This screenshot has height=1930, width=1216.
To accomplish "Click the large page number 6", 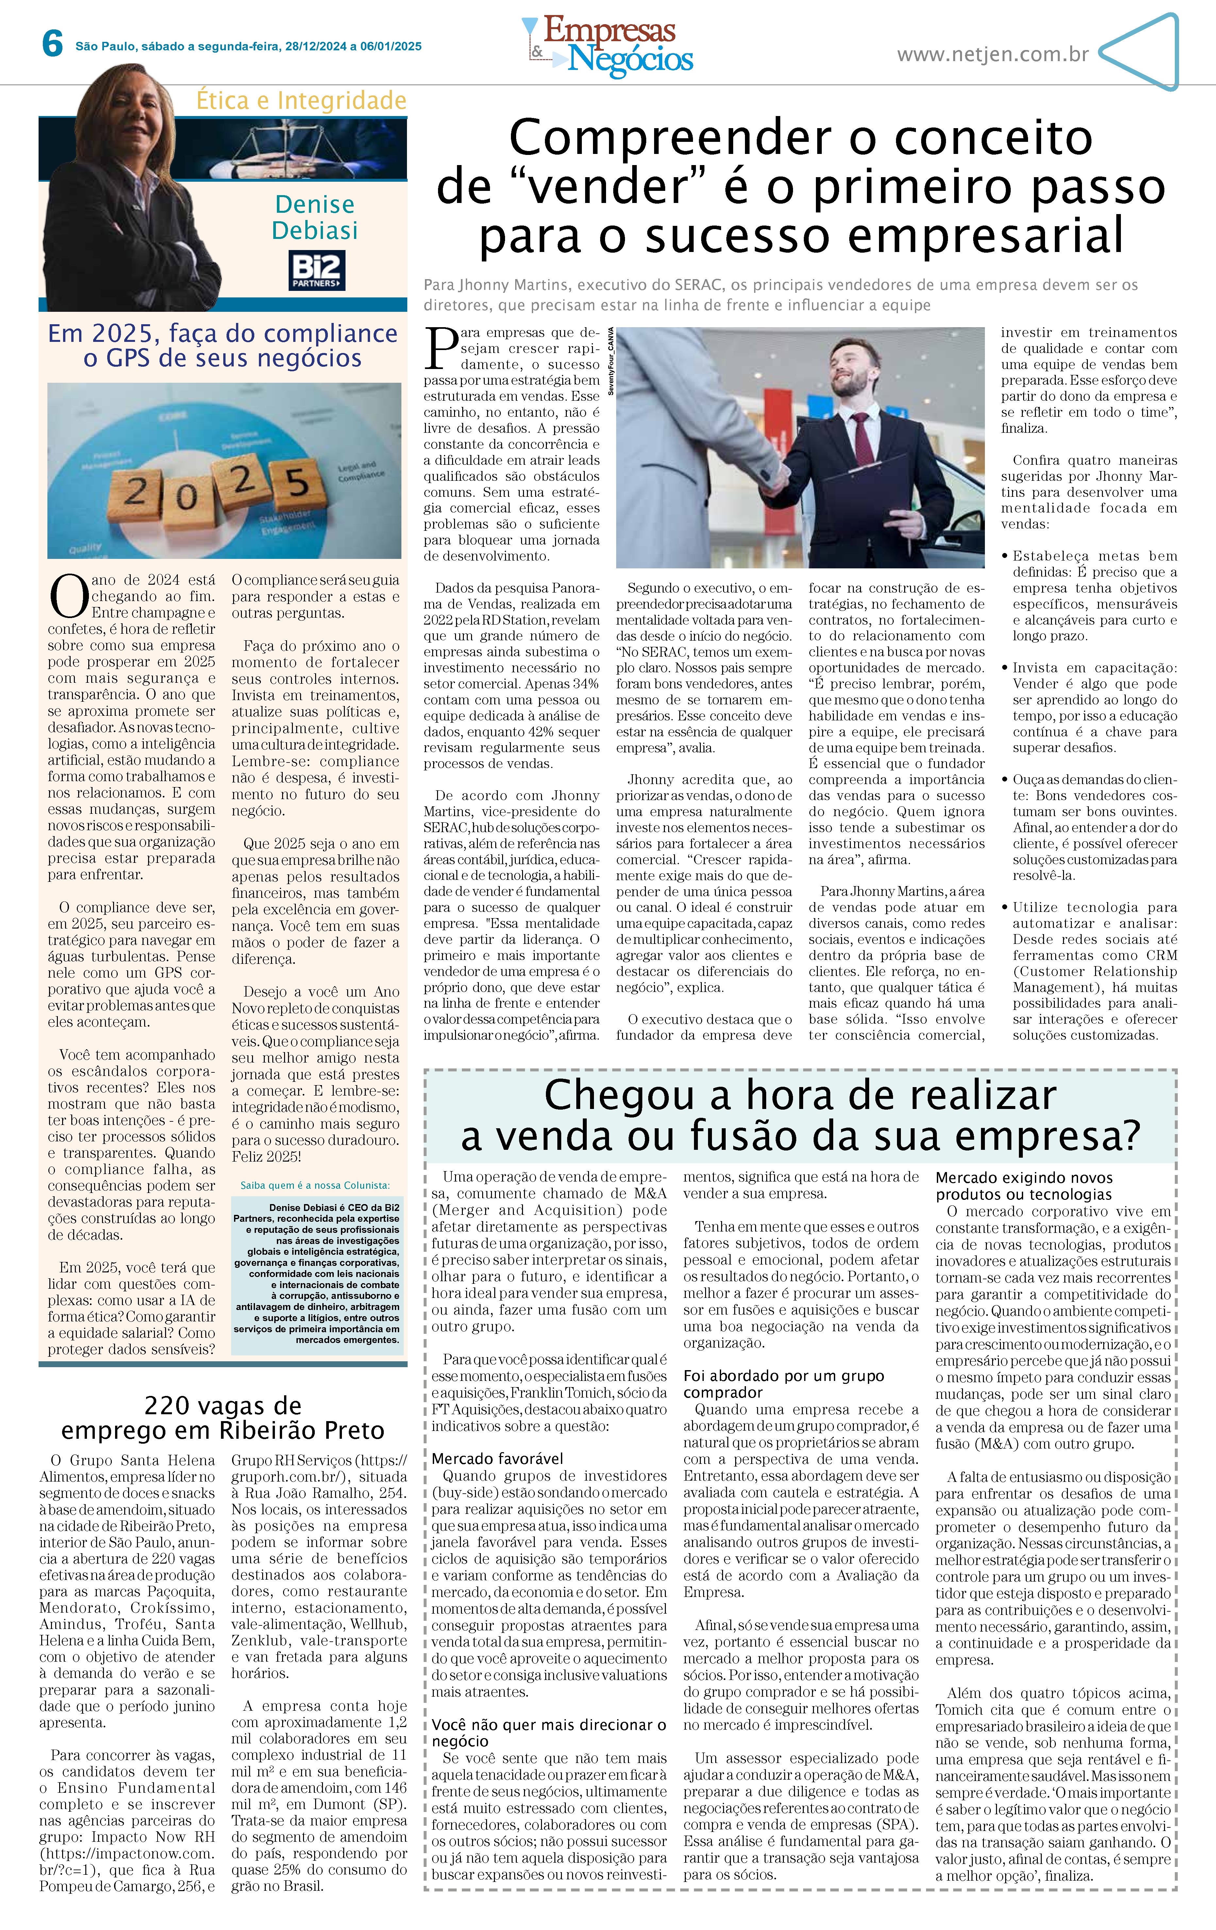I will click(x=52, y=44).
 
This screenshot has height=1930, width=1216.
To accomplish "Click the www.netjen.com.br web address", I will click(x=992, y=55).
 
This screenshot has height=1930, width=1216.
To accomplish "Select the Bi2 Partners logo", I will click(x=317, y=270).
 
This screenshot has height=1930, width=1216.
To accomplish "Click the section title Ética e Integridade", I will click(x=301, y=101).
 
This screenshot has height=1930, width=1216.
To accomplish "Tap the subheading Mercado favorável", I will click(x=497, y=1458).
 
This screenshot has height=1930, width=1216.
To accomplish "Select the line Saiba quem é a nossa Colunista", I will click(x=315, y=1184).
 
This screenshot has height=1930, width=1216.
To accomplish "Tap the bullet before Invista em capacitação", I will click(x=1005, y=668).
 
